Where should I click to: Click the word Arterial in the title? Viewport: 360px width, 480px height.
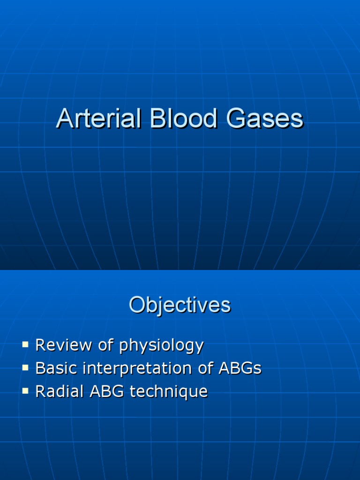tap(99, 119)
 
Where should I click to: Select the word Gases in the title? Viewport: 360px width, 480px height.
tap(265, 119)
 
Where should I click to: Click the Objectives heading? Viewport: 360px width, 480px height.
tap(180, 306)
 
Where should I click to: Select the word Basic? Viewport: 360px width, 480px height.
tap(54, 368)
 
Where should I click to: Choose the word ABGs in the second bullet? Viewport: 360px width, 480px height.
tap(240, 368)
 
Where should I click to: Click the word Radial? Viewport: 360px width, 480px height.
tap(58, 391)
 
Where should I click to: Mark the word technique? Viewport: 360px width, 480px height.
tap(168, 391)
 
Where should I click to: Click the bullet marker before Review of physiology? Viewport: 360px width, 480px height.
tap(25, 345)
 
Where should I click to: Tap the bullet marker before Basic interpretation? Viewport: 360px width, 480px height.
tap(25, 368)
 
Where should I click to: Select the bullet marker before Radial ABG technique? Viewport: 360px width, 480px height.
tap(25, 390)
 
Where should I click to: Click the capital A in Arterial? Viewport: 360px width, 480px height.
tap(65, 119)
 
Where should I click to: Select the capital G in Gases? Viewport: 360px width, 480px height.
tap(237, 119)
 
